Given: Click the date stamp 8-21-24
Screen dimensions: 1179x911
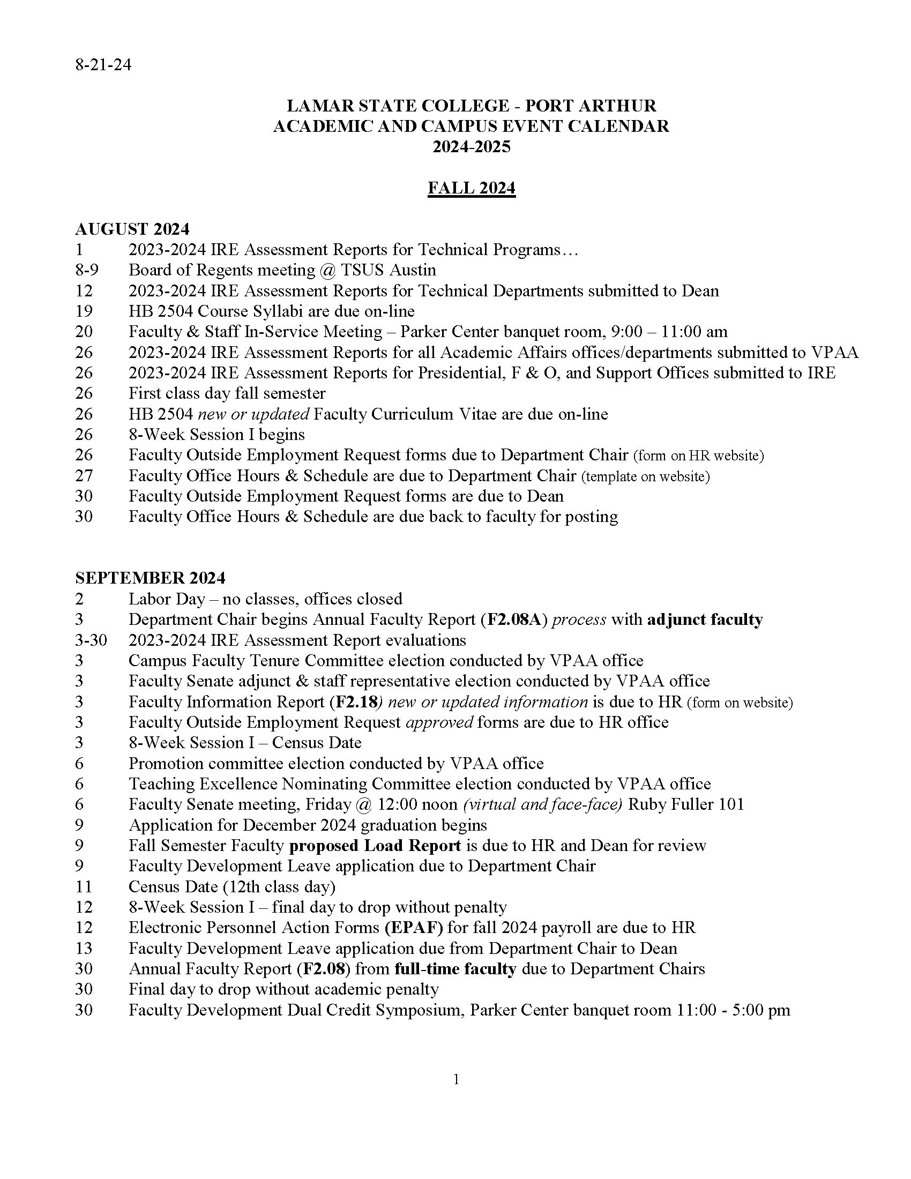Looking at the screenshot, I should pos(103,65).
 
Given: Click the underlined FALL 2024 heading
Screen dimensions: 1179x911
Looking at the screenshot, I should pos(471,188).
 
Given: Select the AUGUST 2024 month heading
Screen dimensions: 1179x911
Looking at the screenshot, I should pos(132,229).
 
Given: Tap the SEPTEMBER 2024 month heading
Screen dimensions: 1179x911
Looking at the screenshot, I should pos(150,578).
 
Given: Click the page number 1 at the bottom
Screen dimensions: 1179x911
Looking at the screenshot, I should pos(457,1079).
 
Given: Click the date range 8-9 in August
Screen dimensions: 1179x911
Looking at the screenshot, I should pos(87,270).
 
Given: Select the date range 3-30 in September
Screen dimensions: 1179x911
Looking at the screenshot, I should pos(91,640).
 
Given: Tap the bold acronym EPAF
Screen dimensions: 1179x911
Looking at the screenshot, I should pos(414,928).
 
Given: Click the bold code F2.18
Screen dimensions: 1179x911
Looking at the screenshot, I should pos(356,702).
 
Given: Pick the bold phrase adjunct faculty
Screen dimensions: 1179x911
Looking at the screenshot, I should pos(705,619).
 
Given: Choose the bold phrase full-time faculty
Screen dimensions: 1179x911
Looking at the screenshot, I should pos(455,968).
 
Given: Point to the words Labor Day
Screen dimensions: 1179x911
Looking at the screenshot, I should pos(167,599).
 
